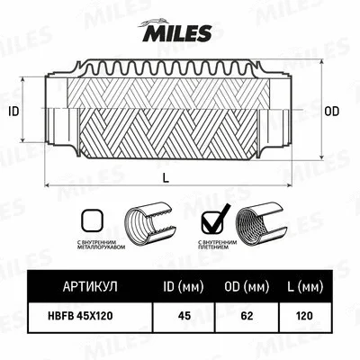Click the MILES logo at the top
click(x=179, y=33)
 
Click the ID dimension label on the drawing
click(x=13, y=112)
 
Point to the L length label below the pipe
click(x=167, y=177)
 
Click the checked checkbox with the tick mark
click(x=213, y=219)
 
